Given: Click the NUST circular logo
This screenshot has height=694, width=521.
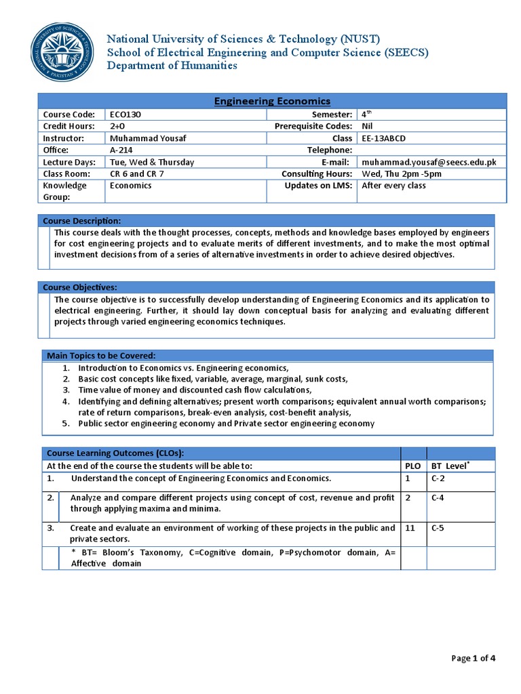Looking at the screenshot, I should click(x=62, y=53).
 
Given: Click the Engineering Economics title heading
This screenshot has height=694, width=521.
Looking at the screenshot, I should click(x=272, y=101).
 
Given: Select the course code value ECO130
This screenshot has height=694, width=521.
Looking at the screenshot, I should click(x=124, y=115).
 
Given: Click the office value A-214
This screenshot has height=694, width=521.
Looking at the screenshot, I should click(x=121, y=150).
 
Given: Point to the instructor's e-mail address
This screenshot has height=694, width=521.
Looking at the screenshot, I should click(x=429, y=162).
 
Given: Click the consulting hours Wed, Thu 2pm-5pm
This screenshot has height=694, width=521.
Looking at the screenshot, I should click(x=402, y=173).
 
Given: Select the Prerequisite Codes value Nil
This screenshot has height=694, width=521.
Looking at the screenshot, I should click(x=368, y=126).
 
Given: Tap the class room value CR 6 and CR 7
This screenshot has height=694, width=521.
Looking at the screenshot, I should click(x=137, y=173).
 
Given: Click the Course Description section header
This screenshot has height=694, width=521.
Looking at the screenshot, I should click(x=82, y=221).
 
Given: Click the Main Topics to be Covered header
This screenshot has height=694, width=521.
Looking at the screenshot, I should click(x=101, y=356).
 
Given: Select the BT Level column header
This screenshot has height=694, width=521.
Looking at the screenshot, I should click(x=451, y=466).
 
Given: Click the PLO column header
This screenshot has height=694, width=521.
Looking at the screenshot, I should click(x=412, y=466).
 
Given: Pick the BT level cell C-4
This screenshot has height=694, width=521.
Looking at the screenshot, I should click(x=439, y=497).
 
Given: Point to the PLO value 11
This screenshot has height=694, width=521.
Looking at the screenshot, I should click(x=410, y=527).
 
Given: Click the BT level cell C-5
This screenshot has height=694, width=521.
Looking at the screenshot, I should click(x=439, y=527).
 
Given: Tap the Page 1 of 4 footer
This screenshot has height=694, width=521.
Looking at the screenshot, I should click(x=474, y=657).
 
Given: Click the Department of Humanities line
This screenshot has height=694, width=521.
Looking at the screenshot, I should click(x=172, y=66).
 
